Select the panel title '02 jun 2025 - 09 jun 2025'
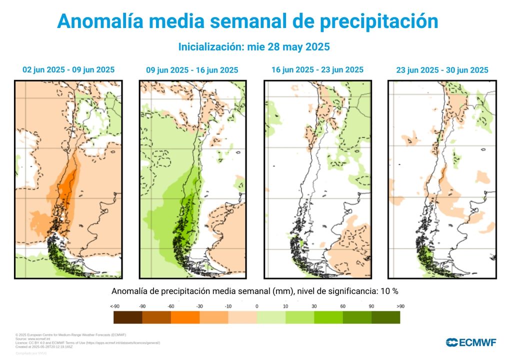pyautogui.click(x=68, y=70)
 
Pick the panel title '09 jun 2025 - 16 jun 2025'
pyautogui.click(x=192, y=70)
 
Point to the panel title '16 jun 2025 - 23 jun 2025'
pyautogui.click(x=317, y=70)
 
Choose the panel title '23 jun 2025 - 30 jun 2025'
pyautogui.click(x=442, y=70)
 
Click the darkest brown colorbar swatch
pyautogui.click(x=127, y=317)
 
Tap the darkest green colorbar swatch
pyautogui.click(x=385, y=317)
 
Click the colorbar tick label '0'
pyautogui.click(x=256, y=305)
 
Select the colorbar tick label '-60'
pyautogui.click(x=170, y=305)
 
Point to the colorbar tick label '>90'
pyautogui.click(x=400, y=305)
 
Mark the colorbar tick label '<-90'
pyautogui.click(x=114, y=305)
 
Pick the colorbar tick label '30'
pyautogui.click(x=314, y=305)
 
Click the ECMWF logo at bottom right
pyautogui.click(x=471, y=342)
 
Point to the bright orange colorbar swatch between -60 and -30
pyautogui.click(x=185, y=317)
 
